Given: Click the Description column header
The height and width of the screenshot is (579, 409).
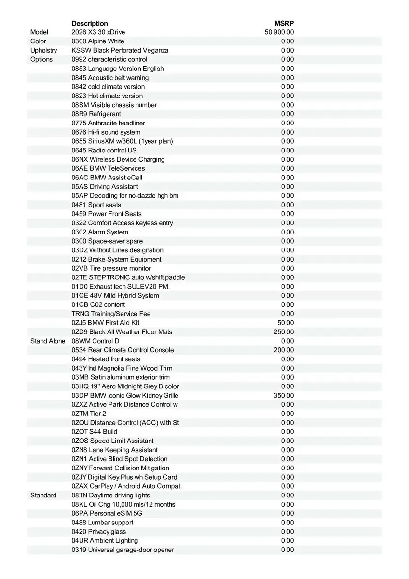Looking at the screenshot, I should (x=90, y=23).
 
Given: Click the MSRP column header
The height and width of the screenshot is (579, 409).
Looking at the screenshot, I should (x=284, y=23).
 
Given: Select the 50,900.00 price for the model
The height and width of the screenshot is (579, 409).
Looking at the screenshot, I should (x=279, y=32).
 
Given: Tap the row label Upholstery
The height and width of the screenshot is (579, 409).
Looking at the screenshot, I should (x=43, y=50).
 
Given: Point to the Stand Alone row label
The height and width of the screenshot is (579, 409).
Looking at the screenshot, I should (x=47, y=341).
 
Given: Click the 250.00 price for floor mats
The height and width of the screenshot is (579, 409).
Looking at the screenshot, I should (x=284, y=332).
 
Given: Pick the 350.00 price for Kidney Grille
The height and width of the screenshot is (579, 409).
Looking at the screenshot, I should (x=284, y=396).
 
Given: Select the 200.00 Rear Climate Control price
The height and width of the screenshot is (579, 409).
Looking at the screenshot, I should (x=284, y=350).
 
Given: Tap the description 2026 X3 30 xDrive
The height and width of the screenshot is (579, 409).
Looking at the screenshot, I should (x=98, y=32).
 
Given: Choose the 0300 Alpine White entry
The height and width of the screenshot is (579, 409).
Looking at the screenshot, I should (x=97, y=41).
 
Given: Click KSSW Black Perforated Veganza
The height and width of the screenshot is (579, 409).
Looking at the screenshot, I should (x=120, y=50).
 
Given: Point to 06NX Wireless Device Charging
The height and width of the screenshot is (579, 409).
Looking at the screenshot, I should (x=118, y=159).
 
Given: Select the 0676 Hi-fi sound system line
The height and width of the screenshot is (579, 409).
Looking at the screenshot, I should (x=106, y=132).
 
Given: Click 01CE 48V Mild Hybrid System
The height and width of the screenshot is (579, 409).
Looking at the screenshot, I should (x=115, y=296).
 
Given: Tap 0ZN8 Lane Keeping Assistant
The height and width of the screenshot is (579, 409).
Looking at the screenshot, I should (x=114, y=450).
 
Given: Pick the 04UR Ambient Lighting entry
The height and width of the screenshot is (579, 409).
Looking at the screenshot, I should (x=105, y=541).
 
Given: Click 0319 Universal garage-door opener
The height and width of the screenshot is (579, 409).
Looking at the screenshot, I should (x=123, y=550).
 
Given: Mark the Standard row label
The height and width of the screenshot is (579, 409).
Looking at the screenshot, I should (x=43, y=496).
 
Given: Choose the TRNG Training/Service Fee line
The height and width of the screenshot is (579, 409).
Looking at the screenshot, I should (x=111, y=314).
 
